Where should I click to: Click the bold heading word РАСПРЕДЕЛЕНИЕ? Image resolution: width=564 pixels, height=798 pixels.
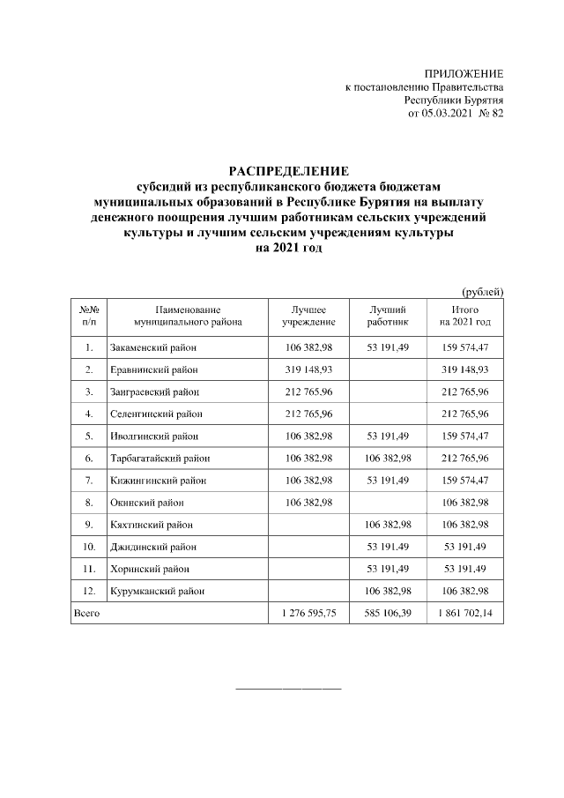tap(289, 170)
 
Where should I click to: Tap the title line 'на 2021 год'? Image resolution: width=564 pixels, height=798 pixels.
tap(289, 249)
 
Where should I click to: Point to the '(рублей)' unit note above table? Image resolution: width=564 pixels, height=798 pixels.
tap(483, 290)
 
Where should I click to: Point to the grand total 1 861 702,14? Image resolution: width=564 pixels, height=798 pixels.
tap(464, 612)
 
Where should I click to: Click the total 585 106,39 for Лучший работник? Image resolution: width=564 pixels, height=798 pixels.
tap(388, 612)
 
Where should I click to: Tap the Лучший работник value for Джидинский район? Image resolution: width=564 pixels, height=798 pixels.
tap(388, 546)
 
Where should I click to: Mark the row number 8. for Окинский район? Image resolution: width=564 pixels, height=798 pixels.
tap(89, 502)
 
